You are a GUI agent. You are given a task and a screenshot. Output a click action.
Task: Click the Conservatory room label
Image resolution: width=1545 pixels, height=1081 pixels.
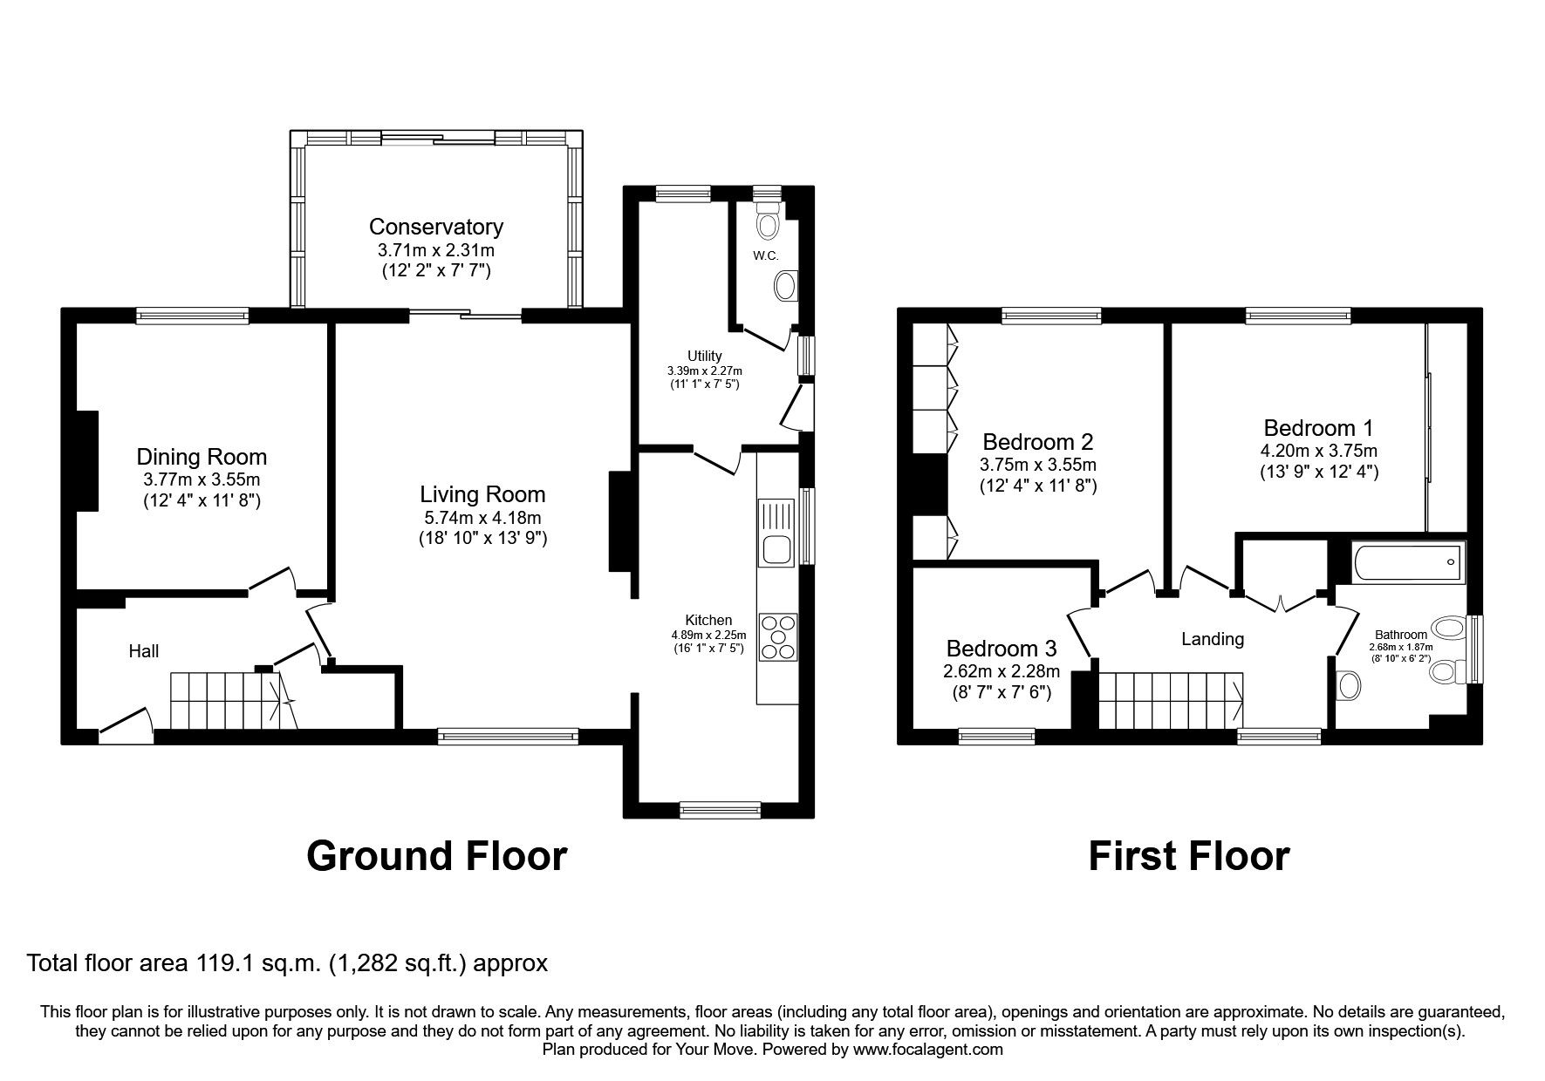(435, 228)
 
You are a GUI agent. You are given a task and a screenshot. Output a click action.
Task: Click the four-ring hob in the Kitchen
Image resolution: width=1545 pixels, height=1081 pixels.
(778, 637)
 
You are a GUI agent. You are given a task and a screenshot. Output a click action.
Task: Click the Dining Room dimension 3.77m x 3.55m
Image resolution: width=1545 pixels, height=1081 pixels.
(202, 479)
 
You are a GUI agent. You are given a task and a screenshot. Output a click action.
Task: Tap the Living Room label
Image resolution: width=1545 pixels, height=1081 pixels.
(482, 494)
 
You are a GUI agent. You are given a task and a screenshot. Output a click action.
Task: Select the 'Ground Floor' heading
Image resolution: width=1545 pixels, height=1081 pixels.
(436, 856)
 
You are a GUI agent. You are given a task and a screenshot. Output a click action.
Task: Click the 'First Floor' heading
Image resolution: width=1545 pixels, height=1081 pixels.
(1188, 856)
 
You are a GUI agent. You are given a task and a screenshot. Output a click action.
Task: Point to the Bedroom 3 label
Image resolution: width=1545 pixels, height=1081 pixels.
(1001, 649)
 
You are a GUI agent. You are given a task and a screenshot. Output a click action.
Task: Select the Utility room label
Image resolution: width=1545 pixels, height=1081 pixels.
(704, 356)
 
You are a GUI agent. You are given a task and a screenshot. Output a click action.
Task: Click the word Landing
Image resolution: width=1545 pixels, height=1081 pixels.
(1212, 639)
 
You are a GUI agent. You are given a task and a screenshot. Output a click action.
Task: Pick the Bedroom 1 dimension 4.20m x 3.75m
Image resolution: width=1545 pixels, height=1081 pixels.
(1318, 451)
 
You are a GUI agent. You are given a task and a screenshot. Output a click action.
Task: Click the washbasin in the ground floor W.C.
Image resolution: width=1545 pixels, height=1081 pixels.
(786, 286)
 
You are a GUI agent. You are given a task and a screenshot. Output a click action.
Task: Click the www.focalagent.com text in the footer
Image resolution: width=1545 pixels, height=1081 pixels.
(927, 1050)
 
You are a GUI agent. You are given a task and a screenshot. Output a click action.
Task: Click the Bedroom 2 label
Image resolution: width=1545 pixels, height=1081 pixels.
(1037, 441)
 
